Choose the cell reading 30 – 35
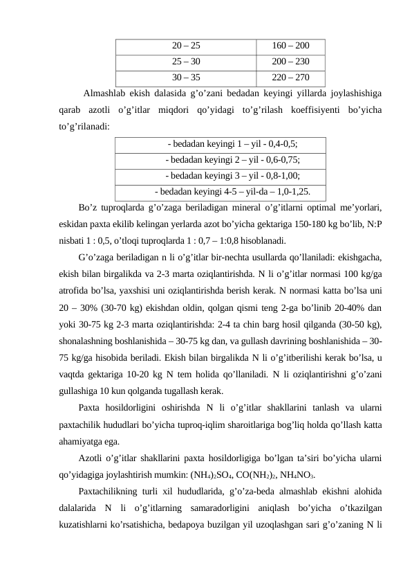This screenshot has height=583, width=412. [186, 78]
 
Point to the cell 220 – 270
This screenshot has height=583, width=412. [290, 78]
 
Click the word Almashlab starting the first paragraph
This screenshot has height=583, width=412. [104, 93]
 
